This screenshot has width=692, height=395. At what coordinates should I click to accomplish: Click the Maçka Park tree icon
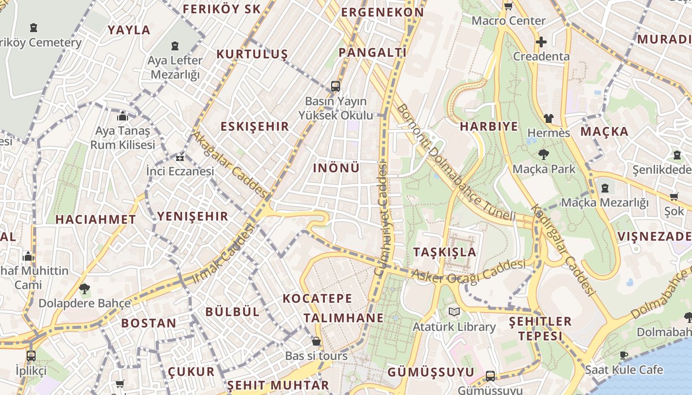point(544,155)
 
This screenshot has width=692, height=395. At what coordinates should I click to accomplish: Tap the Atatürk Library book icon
point(454,312)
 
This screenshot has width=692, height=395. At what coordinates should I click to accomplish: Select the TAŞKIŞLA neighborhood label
point(445,252)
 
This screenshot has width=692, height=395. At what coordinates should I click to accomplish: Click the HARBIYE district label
point(489,126)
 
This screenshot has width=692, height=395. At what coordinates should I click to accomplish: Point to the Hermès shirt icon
point(549,118)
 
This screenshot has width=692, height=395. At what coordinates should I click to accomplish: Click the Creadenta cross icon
point(541,42)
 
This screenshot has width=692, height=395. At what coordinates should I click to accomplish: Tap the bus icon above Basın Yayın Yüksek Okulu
point(336,86)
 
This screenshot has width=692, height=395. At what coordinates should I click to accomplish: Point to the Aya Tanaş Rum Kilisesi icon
point(122,117)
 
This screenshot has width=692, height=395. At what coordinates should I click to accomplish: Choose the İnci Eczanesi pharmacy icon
point(180,158)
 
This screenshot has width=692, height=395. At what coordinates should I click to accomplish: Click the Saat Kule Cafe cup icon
point(624,355)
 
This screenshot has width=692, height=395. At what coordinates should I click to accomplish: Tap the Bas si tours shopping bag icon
point(316,341)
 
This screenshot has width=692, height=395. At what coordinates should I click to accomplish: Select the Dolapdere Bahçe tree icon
point(85,288)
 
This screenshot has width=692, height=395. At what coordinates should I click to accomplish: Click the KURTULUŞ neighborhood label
point(252,54)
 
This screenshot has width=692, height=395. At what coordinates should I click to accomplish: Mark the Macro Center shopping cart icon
point(508,6)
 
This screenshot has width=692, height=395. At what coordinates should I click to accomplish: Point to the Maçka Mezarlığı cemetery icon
point(605,188)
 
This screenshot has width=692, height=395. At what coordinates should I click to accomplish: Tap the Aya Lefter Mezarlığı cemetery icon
point(175,46)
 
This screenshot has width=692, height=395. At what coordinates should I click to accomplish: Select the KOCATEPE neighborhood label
point(317,298)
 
